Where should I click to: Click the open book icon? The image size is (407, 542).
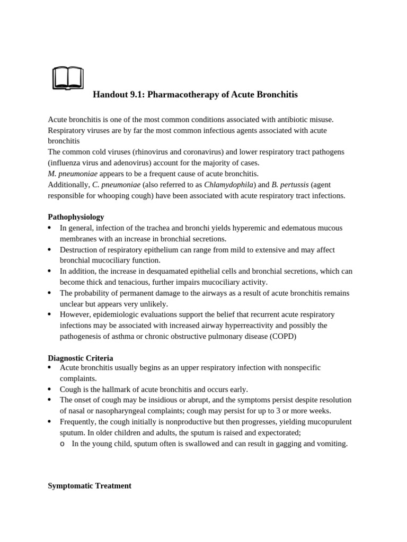click(x=68, y=78)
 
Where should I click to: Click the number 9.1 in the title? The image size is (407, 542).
click(x=136, y=95)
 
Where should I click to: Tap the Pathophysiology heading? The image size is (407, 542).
click(x=76, y=217)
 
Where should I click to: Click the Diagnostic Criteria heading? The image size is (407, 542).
click(x=80, y=358)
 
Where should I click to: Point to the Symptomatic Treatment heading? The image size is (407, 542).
click(x=90, y=485)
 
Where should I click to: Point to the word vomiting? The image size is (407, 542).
click(x=332, y=444)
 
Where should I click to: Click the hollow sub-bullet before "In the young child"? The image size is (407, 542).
click(x=62, y=444)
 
